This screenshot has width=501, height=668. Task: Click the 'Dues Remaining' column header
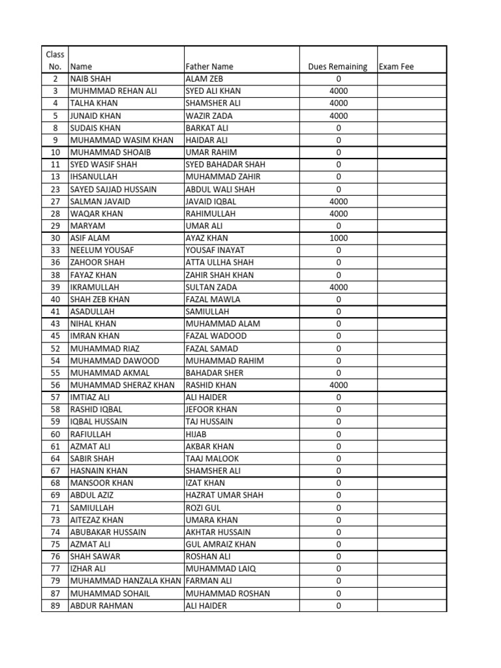(x=337, y=67)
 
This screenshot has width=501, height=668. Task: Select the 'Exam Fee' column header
(x=397, y=67)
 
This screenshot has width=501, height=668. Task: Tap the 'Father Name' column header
(x=209, y=67)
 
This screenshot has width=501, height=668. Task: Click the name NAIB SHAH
(x=91, y=79)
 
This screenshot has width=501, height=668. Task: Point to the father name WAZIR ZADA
(x=209, y=115)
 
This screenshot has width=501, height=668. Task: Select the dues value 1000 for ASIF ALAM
(x=339, y=238)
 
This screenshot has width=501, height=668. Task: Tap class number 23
(x=55, y=189)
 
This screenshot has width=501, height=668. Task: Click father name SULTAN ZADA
(x=211, y=287)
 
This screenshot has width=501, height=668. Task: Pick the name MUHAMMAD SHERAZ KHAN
(x=122, y=385)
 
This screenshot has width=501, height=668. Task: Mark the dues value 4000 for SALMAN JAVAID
(x=339, y=202)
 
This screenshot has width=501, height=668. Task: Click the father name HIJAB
(x=196, y=434)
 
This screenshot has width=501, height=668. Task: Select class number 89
(x=55, y=605)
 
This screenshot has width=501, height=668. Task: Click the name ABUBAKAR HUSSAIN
(x=108, y=532)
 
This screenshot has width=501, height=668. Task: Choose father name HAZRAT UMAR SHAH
(x=224, y=495)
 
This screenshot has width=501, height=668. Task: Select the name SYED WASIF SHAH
(x=103, y=164)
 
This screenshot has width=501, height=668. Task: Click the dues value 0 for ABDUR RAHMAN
(x=339, y=605)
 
